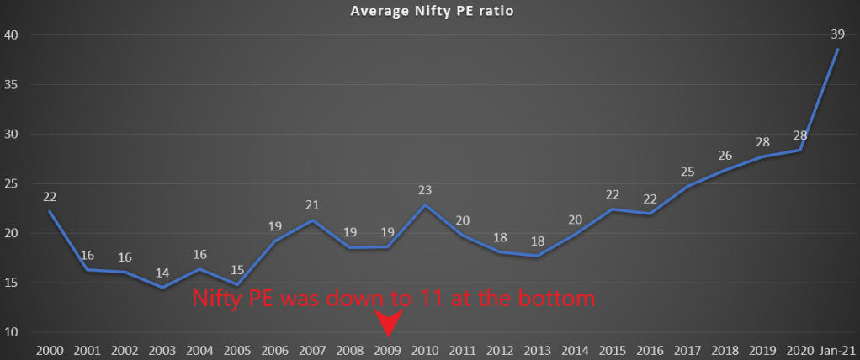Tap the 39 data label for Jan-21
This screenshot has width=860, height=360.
pos(839,34)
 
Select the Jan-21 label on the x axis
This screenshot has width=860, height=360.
pos(838,349)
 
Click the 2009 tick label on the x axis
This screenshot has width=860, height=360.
pos(387,349)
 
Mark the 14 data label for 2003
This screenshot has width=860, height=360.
pos(162,273)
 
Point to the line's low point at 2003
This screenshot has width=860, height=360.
pos(162,288)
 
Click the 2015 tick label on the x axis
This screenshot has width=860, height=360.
pos(613,349)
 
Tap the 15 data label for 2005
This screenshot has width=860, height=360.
pos(236,269)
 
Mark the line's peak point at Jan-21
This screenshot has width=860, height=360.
pos(838,49)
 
